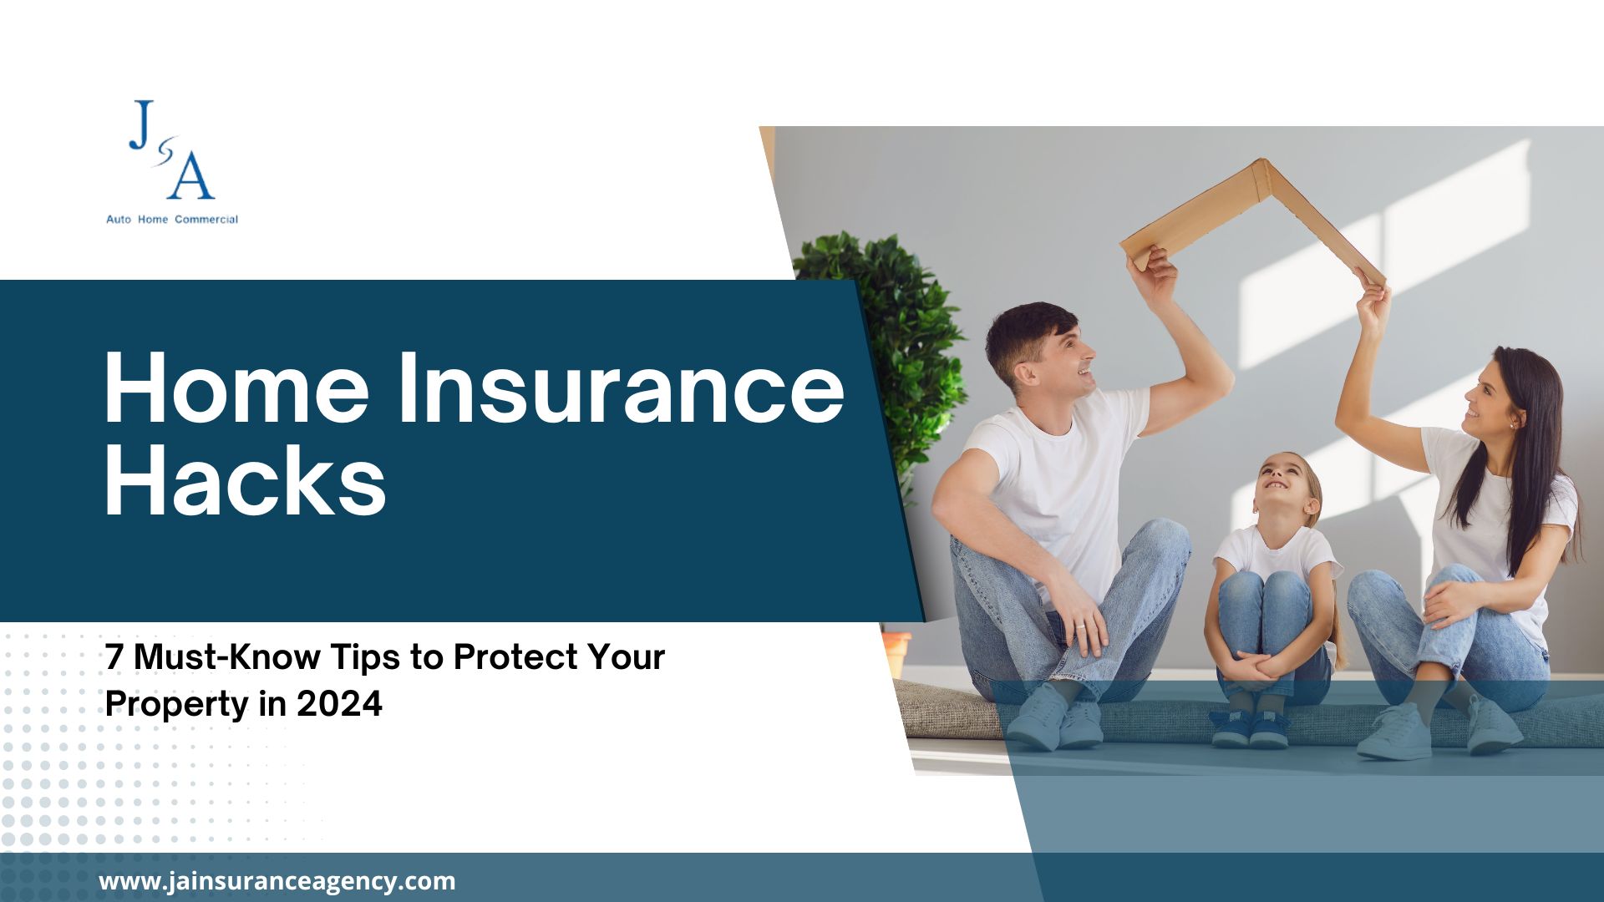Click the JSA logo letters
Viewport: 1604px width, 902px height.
coord(172,150)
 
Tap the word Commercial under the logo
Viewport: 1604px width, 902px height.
coord(206,220)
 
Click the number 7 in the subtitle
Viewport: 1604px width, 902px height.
coord(114,658)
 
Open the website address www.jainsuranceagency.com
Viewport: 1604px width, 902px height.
coord(277,881)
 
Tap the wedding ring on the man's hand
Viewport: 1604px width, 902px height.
coord(1079,626)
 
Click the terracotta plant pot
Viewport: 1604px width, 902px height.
coord(896,651)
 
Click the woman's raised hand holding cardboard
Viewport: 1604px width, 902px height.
coord(1373,301)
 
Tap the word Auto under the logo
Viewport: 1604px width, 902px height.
coord(119,220)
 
